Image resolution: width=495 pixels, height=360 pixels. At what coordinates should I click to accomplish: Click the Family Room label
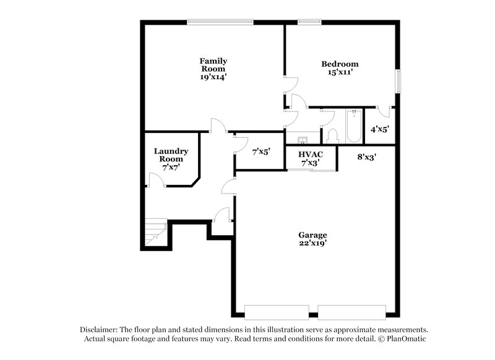pos(213,65)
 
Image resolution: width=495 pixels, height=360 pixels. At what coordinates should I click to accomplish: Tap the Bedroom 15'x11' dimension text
pos(340,73)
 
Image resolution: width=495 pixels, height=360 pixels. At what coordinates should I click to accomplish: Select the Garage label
pos(312,235)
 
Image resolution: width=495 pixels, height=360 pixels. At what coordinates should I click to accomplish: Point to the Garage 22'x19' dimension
pos(312,243)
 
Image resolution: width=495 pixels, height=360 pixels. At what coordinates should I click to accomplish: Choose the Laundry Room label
pos(171,155)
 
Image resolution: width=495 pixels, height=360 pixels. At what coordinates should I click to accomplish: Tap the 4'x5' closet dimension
pos(379,129)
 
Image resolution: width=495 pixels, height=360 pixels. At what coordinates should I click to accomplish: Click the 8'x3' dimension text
pos(367,157)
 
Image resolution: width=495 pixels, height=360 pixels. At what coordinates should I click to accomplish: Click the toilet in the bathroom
pos(332,135)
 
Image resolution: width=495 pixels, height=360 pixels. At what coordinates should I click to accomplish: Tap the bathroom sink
pos(303,140)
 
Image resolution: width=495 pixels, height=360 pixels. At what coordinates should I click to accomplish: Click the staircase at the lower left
pos(155,233)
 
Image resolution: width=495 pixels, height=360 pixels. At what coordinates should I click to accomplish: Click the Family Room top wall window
pos(221,22)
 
